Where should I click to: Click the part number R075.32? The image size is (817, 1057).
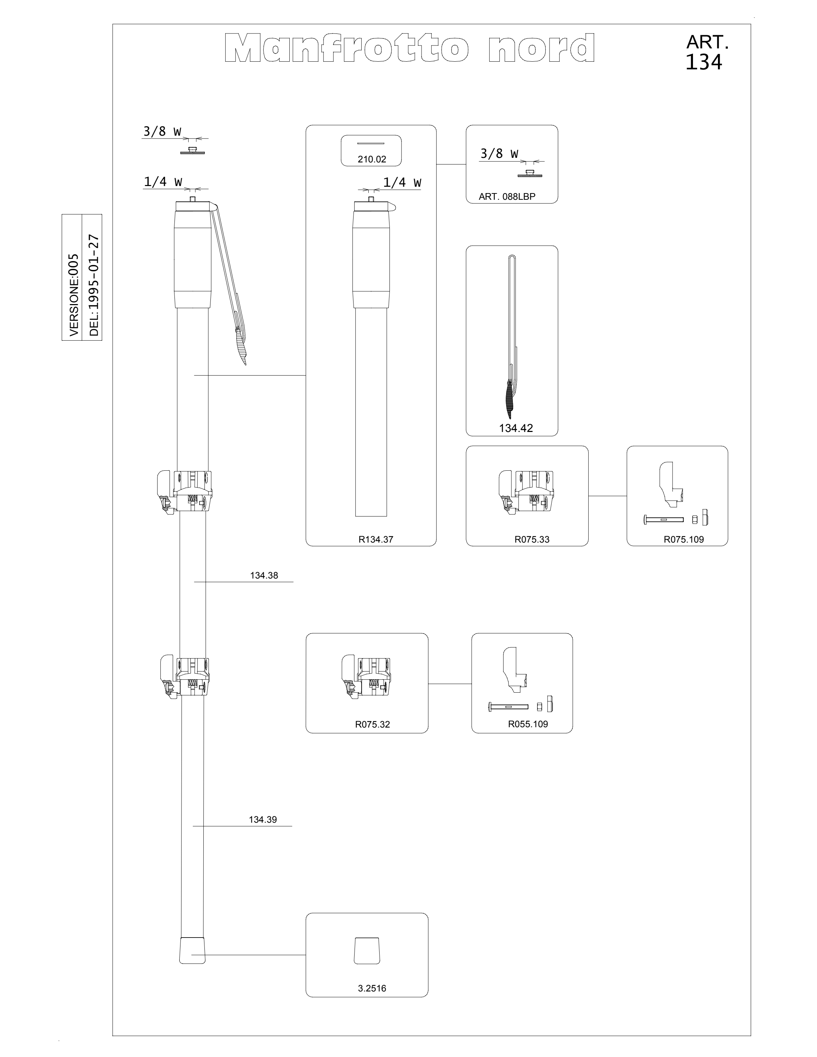[x=372, y=724]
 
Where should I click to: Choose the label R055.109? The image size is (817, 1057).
[x=528, y=724]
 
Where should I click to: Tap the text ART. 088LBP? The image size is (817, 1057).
[x=507, y=197]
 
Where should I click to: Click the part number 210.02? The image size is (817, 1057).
[x=372, y=159]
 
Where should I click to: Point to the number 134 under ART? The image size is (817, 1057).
[x=704, y=62]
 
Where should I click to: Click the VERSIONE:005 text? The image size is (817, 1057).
[x=74, y=295]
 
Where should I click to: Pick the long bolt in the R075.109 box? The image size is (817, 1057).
[x=663, y=519]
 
